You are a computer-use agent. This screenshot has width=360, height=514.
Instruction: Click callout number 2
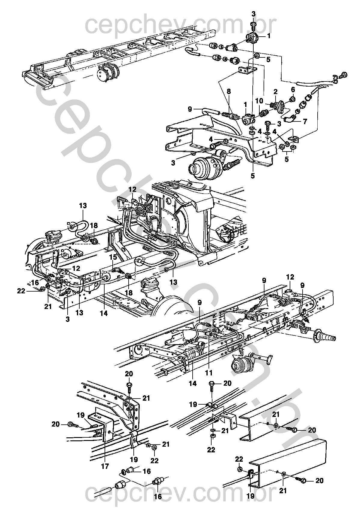[x=275, y=92]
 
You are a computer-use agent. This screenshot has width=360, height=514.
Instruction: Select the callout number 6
[x=293, y=90]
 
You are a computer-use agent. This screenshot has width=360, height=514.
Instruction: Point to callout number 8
[x=228, y=92]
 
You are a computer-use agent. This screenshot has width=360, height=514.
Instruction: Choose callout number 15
[x=113, y=257]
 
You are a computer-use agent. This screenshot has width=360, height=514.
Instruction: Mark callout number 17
[x=105, y=466]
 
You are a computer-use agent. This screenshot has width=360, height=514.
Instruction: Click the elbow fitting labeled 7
[x=290, y=119]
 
